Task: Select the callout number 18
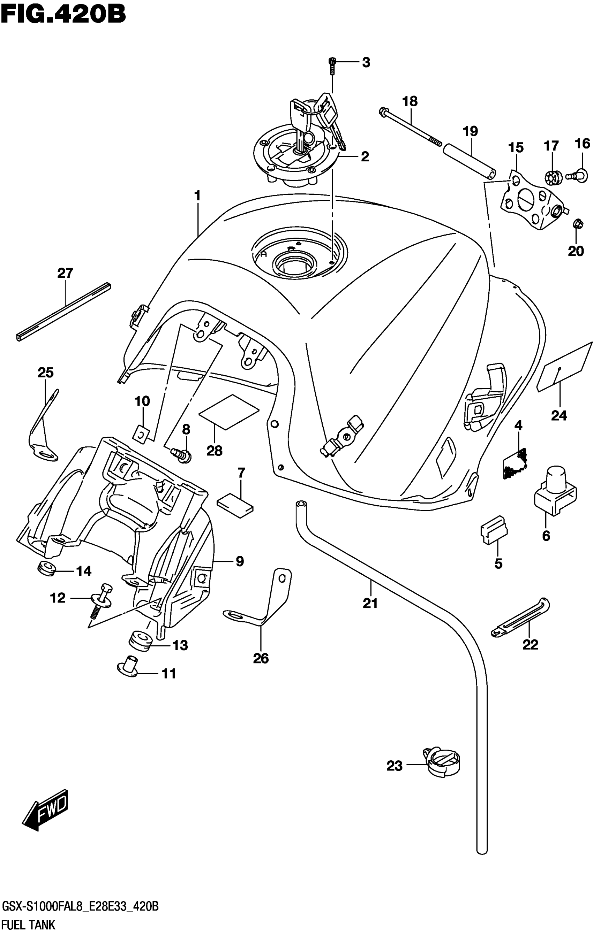410,101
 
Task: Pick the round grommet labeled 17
551,177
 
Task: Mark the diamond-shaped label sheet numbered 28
229,412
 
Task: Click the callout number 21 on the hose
370,603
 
